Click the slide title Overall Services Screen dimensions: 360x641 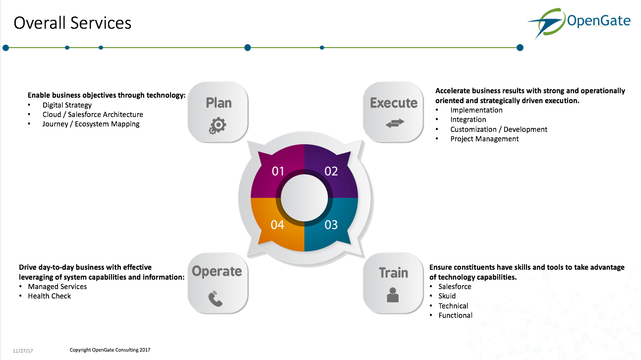pos(72,23)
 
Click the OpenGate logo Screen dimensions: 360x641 pos(579,23)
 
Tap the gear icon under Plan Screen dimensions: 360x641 pos(217,126)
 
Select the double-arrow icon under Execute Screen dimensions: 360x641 pos(395,123)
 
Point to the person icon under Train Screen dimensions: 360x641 pos(392,295)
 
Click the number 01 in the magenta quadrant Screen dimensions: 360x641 pos(278,172)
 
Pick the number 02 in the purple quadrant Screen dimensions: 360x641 pos(331,172)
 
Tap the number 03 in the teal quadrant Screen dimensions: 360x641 pos(331,225)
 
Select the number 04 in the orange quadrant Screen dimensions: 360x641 pos(278,225)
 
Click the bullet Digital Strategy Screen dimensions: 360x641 pos(67,105)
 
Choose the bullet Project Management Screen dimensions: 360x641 pos(484,139)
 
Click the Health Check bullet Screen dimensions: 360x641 pos(49,296)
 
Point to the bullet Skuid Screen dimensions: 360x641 pos(447,296)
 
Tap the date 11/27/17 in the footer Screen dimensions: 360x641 pos(23,351)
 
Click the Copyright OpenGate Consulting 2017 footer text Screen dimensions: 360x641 pos(110,350)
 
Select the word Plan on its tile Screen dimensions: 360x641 pos(219,103)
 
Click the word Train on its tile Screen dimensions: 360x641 pos(393,273)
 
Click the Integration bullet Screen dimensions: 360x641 pos(468,120)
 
